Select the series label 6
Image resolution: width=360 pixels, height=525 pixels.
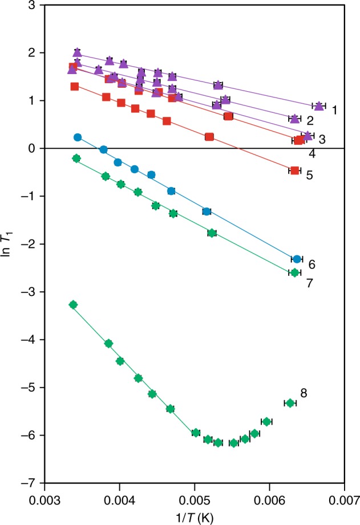pos(312,264)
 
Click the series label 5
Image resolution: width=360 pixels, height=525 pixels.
pos(309,175)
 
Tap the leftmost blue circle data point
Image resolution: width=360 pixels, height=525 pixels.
pos(78,137)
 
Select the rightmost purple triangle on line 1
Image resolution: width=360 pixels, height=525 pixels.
pos(319,106)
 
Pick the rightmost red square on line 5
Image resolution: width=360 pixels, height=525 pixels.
pos(294,170)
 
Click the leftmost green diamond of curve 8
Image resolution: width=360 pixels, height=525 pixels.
pos(73,305)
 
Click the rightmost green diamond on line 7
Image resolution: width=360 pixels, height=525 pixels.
pos(294,272)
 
